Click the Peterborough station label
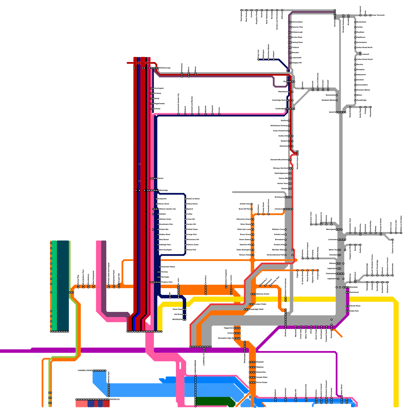pos(165,68)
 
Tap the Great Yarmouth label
pos(378,15)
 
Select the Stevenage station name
pos(163,190)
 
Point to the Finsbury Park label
pos(167,282)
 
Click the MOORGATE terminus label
pos(177,320)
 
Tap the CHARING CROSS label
pos(85,371)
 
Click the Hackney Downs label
pos(263,294)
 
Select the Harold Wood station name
pos(355,306)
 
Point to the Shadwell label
pos(260,362)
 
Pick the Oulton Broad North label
pos(364,47)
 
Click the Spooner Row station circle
pos(291,27)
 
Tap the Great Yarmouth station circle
pos(371,15)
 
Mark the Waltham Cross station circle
pos(286,229)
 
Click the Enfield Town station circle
pos(252,204)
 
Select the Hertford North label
pos(192,204)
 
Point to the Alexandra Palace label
pos(168,267)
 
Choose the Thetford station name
pos(295,47)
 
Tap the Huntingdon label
pos(159,88)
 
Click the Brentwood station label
pos(354,292)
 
